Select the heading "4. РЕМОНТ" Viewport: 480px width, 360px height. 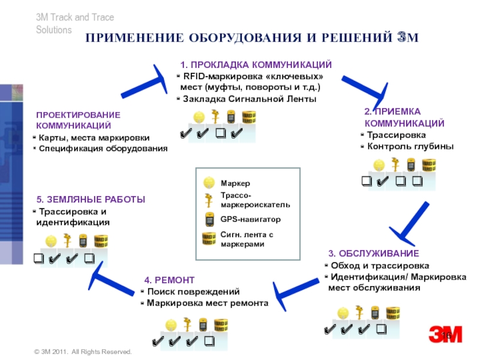click(x=169, y=280)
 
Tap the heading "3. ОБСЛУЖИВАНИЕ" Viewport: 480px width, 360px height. click(x=373, y=253)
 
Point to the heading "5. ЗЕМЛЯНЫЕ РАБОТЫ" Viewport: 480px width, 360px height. click(x=91, y=199)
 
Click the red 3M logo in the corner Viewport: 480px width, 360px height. click(x=445, y=335)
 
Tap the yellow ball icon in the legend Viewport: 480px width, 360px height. click(x=208, y=182)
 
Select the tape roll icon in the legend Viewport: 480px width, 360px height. click(x=208, y=239)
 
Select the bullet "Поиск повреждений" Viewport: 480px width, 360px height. click(x=193, y=292)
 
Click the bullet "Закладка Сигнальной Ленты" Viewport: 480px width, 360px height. click(x=249, y=99)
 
